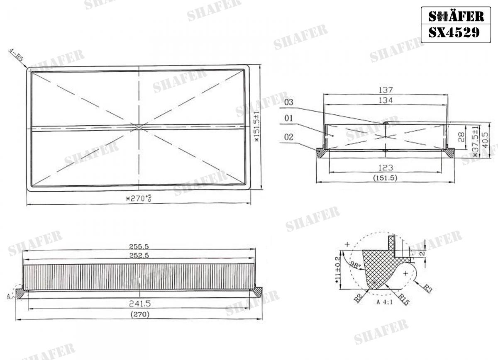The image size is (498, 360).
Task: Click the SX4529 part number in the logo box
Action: (x=454, y=33)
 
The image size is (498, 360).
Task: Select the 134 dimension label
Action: (x=386, y=100)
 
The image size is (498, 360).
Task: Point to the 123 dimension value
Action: (x=386, y=168)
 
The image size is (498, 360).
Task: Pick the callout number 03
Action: (x=289, y=102)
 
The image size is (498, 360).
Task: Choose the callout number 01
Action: (x=289, y=119)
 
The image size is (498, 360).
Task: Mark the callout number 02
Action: (x=289, y=136)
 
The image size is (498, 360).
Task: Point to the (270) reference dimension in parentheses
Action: (x=139, y=314)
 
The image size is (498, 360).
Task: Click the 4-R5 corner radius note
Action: (x=16, y=55)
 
